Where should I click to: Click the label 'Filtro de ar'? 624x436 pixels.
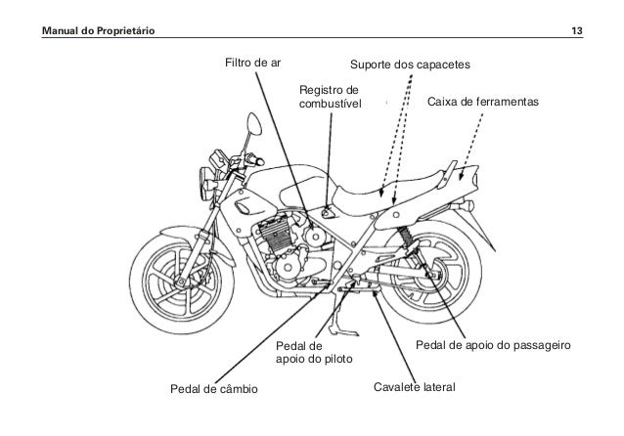click(252, 65)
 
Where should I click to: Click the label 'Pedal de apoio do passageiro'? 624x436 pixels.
click(493, 346)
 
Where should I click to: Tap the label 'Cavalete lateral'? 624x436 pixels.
click(415, 389)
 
